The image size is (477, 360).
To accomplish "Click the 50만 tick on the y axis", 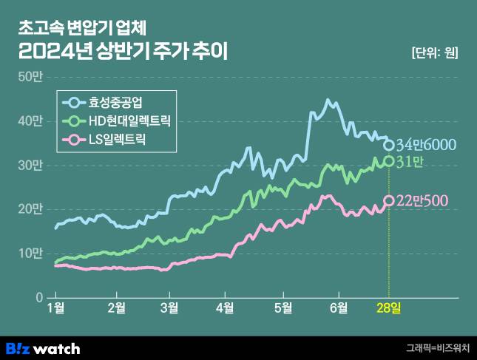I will [x=33, y=76].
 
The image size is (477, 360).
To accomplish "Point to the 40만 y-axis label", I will [x=33, y=120].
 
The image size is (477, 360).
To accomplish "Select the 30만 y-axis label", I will [x=33, y=165].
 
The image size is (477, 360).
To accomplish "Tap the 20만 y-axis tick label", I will [x=33, y=209].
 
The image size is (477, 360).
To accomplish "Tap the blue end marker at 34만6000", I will [x=389, y=144].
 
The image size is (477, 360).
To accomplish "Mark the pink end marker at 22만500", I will [x=389, y=200].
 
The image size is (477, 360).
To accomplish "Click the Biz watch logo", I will [x=43, y=348].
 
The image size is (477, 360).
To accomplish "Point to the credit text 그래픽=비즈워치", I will [x=438, y=347].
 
